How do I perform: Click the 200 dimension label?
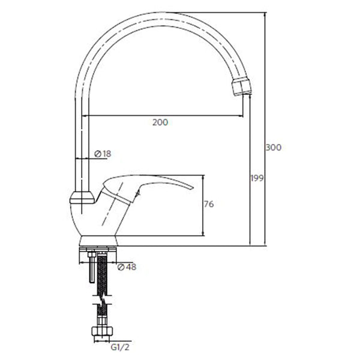point(160,122)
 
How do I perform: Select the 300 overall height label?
point(274,148)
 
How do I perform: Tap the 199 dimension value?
point(257,178)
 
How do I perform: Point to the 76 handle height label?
point(209,204)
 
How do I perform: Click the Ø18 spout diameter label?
point(103,154)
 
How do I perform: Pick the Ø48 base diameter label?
point(127,267)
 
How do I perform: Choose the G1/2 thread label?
point(120,347)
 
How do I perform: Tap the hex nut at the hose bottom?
point(102,332)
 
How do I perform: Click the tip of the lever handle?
point(193,188)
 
